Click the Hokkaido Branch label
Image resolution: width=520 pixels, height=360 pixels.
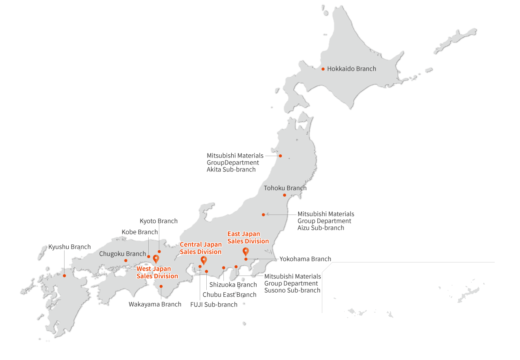tap(351, 69)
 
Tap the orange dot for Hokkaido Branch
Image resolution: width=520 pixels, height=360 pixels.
tap(323, 69)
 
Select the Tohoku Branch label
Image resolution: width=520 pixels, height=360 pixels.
tap(285, 188)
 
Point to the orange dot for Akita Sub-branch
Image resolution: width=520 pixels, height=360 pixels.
tap(280, 156)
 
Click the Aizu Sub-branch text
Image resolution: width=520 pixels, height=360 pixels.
tap(321, 228)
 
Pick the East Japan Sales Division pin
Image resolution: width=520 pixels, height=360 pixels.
tap(245, 251)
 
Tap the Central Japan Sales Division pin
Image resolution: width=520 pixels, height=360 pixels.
tap(203, 260)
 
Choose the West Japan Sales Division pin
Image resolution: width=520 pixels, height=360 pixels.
tap(156, 258)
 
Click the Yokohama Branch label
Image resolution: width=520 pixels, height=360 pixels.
tap(305, 259)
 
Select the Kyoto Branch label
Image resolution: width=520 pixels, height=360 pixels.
tap(158, 221)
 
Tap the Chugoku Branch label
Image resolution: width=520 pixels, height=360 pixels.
tap(123, 253)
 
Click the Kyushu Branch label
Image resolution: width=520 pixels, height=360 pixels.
tap(69, 247)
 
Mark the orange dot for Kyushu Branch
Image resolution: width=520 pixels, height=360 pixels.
tap(64, 276)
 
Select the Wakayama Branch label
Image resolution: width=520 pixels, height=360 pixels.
tap(155, 304)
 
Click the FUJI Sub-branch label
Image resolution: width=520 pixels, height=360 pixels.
tap(214, 304)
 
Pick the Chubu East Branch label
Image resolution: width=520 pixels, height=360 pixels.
tap(230, 295)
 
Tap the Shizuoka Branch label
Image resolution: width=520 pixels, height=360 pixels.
tap(233, 284)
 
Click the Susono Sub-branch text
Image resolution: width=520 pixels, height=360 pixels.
tap(292, 290)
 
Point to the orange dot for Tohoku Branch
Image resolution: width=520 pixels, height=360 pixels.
tap(285, 195)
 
